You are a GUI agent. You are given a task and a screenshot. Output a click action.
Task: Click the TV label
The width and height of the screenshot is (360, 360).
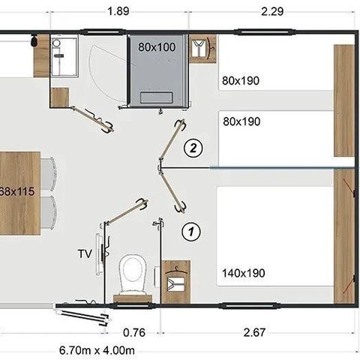coord(85,253)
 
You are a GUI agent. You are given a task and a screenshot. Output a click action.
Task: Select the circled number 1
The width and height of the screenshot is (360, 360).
coord(192,231)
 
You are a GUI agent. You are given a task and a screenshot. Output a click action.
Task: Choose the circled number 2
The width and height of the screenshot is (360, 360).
coord(193,148)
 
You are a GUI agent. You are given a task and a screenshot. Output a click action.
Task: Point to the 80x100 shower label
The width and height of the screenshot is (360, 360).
coord(157,46)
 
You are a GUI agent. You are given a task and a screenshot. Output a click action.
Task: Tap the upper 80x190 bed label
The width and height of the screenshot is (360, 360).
coord(241,80)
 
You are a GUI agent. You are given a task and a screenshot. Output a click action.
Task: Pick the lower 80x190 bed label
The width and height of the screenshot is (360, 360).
coord(241,121)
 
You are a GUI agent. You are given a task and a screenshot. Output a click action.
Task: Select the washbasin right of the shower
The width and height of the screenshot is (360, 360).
coord(200,49)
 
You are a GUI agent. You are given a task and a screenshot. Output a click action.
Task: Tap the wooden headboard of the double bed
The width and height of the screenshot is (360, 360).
coord(344,240)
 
